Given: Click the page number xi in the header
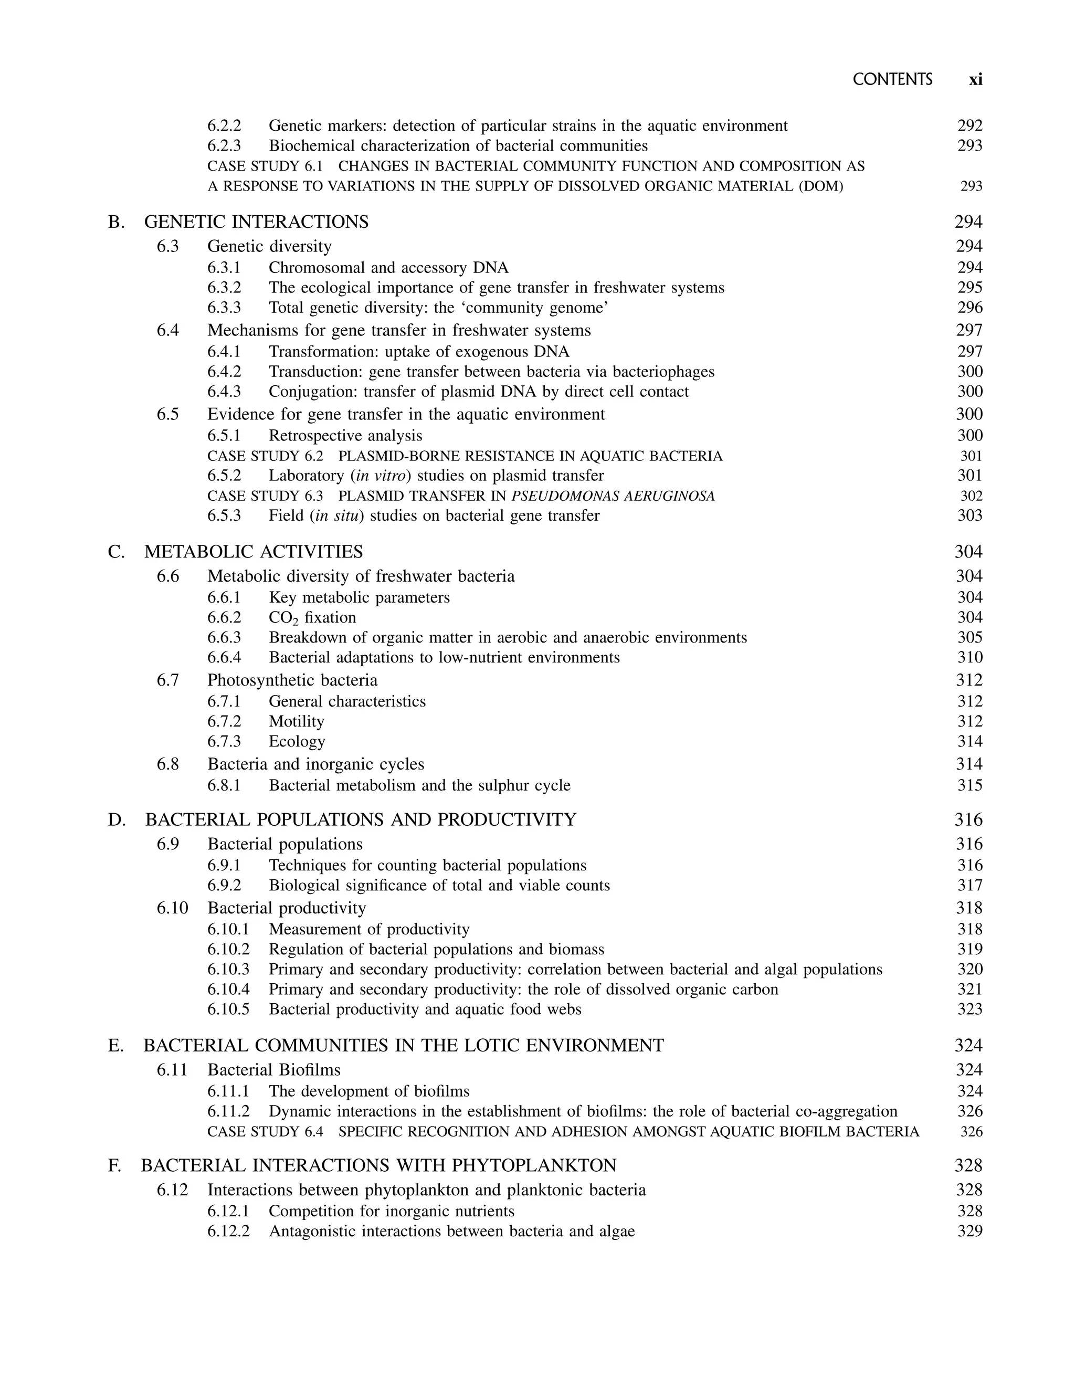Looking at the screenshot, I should [975, 79].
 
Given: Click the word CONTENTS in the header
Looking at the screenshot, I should [893, 79].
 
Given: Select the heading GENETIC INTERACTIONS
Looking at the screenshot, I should [257, 222].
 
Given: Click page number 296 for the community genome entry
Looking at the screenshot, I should [969, 308].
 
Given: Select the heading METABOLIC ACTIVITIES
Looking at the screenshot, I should [254, 552].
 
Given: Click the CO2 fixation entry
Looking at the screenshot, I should [312, 617].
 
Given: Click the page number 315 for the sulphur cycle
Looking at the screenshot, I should [969, 785].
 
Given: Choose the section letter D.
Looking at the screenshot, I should [117, 820].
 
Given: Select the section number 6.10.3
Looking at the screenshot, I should [228, 970].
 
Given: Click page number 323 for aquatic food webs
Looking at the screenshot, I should [969, 1009].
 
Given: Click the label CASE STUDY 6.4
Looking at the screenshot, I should [265, 1131].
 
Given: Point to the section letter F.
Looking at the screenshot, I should [114, 1165].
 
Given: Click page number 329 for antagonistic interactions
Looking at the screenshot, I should [969, 1232].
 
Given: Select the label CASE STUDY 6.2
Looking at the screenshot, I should [265, 456].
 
